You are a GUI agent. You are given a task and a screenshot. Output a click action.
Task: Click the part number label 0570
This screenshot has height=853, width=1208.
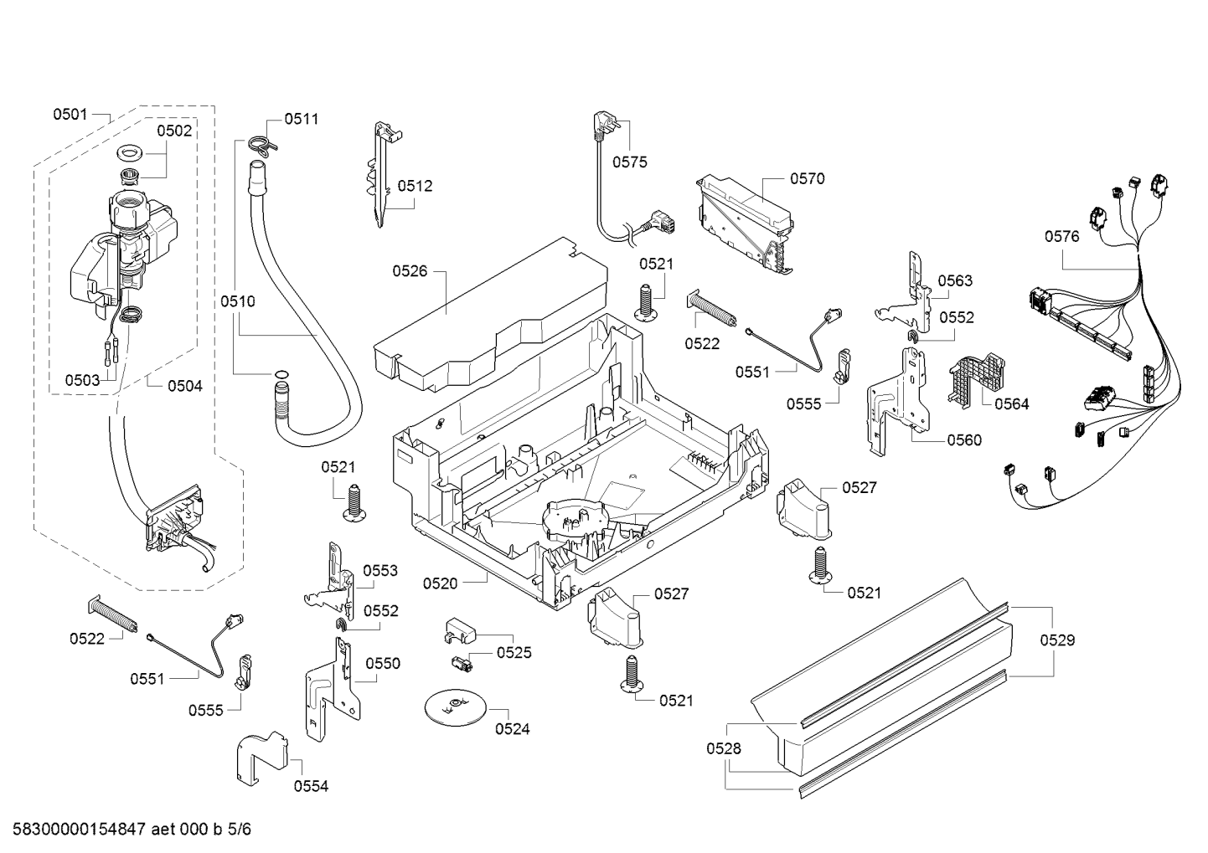(808, 179)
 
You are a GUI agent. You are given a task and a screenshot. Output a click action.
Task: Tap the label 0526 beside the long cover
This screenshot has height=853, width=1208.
(410, 271)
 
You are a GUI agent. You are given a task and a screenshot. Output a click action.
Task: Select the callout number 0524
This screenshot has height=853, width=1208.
(513, 729)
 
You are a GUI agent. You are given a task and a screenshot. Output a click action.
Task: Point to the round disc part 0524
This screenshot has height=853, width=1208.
(456, 707)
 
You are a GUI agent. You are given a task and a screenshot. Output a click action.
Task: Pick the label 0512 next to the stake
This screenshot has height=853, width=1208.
(416, 186)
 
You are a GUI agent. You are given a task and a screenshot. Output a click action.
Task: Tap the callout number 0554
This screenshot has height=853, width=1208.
(311, 786)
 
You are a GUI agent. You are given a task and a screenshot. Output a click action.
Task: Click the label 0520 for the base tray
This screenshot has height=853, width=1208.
(440, 583)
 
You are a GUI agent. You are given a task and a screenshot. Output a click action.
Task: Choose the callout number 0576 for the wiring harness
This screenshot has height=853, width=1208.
(1062, 237)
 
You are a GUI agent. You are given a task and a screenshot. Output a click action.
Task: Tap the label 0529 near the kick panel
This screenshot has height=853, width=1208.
(1057, 640)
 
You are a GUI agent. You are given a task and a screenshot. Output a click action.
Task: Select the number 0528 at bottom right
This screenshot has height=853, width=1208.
(724, 748)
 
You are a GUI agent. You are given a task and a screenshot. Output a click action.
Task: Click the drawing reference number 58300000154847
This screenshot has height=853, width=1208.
(80, 829)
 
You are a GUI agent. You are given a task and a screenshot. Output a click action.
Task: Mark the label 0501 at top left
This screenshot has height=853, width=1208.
(70, 114)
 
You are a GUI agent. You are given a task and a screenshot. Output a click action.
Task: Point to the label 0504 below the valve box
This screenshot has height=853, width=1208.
(185, 386)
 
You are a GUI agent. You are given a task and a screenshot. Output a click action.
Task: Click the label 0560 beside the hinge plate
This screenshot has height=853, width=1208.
(964, 440)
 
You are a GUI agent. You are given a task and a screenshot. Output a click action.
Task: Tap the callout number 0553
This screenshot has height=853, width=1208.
(380, 571)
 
